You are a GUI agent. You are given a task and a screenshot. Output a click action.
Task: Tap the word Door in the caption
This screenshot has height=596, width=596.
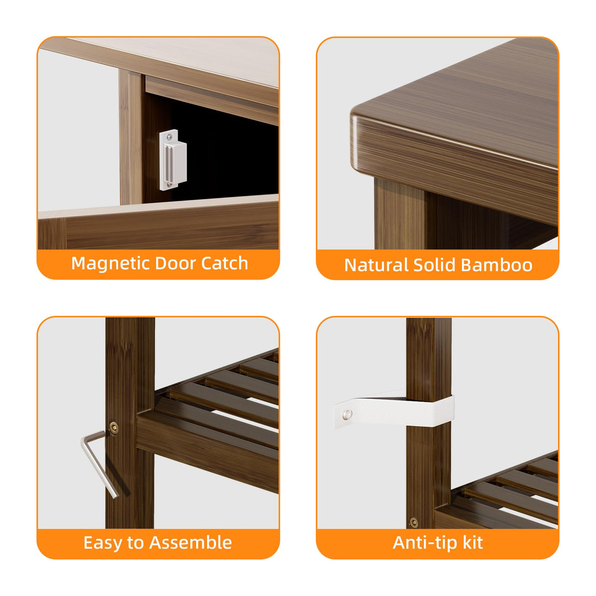point(174,264)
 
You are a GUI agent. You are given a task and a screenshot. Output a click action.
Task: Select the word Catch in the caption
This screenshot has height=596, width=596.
point(224,264)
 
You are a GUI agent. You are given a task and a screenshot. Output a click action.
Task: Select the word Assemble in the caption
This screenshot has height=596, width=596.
point(190,542)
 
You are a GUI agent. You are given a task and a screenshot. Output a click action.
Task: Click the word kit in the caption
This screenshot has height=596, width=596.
point(472,542)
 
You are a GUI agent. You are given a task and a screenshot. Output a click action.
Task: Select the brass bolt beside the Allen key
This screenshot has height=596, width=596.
point(114,428)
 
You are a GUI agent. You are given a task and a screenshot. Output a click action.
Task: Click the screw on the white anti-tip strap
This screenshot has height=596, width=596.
point(348,414)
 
